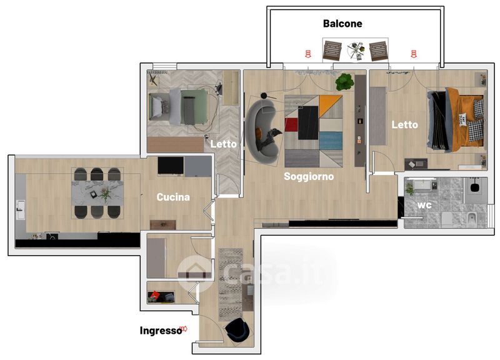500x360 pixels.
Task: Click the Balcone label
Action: coord(342,23)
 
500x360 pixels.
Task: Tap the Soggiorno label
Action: coord(309,176)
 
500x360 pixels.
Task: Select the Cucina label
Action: coord(173,197)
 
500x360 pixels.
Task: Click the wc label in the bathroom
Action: coord(424,205)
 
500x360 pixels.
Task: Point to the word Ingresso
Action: coord(161,331)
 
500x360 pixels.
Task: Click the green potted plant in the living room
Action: coord(344,82)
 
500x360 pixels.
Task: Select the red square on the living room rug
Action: coord(291,124)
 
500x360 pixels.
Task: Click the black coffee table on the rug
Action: coord(308,122)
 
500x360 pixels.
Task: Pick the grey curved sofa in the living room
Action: coord(261,131)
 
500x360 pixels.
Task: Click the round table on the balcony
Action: coord(356,51)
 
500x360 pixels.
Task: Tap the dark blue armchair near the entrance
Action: coord(237,331)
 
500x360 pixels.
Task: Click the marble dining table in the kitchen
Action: coord(97,193)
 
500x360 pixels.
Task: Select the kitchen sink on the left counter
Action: coord(21,209)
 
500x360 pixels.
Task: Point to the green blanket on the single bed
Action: coord(194,107)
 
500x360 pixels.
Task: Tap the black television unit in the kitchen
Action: coord(171,166)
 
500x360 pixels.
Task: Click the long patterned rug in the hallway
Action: coord(231,284)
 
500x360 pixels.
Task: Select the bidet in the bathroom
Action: coord(471,220)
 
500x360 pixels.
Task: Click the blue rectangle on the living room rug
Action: coord(331,141)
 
